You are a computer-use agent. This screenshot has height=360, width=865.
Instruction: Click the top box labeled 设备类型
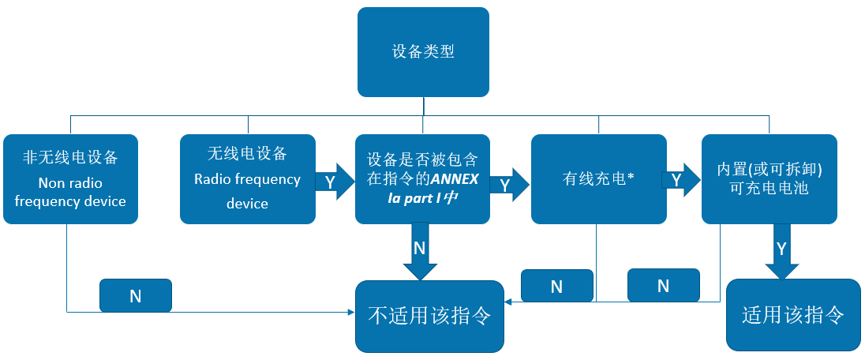pos(423,52)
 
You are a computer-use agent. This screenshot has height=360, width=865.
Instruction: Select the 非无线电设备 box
pos(70,179)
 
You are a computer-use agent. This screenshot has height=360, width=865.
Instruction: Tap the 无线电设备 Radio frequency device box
pos(247,179)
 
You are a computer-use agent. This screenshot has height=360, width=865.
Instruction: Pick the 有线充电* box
pos(597,179)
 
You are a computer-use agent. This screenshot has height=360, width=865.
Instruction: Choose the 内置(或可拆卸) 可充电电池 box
pos(770,179)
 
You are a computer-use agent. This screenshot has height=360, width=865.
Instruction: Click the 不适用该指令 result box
pos(429,316)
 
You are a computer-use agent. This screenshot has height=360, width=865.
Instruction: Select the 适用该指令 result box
pos(793,314)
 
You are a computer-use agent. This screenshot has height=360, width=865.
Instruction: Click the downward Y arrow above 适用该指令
pos(781,251)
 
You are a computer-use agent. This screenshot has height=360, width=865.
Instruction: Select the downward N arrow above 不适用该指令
pos(420,251)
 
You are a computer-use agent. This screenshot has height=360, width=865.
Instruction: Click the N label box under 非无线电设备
pos(135,295)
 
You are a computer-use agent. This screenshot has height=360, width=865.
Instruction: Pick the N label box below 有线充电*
pos(556,286)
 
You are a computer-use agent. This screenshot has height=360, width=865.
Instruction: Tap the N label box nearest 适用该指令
pos(663,286)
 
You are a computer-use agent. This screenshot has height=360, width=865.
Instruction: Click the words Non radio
pos(70,183)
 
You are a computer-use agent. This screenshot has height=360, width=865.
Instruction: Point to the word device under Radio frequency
pos(247,204)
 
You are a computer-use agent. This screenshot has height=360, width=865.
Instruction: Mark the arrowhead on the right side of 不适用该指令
pos(508,301)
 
